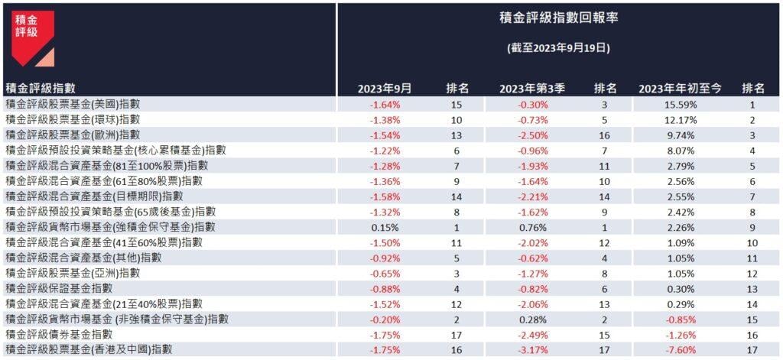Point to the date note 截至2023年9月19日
[557, 47]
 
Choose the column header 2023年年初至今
[680, 89]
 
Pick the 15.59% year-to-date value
[680, 105]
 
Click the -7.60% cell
[680, 349]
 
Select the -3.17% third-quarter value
[532, 349]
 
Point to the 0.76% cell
[532, 227]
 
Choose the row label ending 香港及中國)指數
[88, 349]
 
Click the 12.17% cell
[680, 120]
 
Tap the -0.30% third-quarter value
[532, 105]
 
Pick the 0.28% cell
[532, 319]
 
